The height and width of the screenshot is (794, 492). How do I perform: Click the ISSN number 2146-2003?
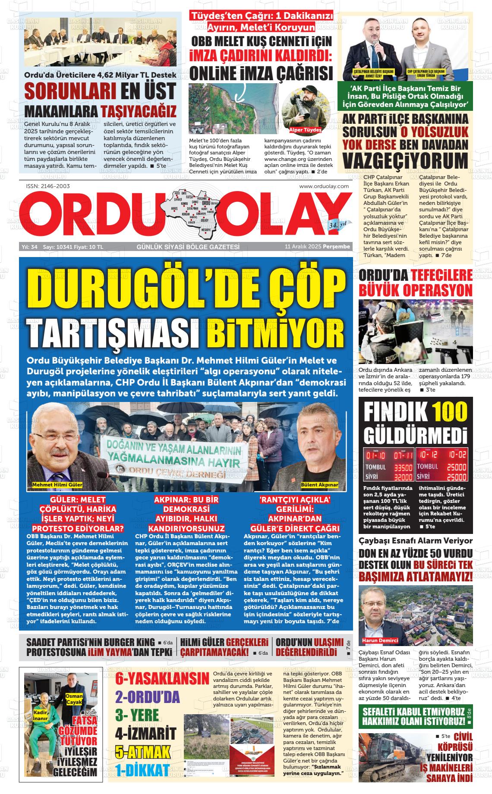pos(48,186)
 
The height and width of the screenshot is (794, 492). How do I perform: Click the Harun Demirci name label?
pos(380,640)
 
